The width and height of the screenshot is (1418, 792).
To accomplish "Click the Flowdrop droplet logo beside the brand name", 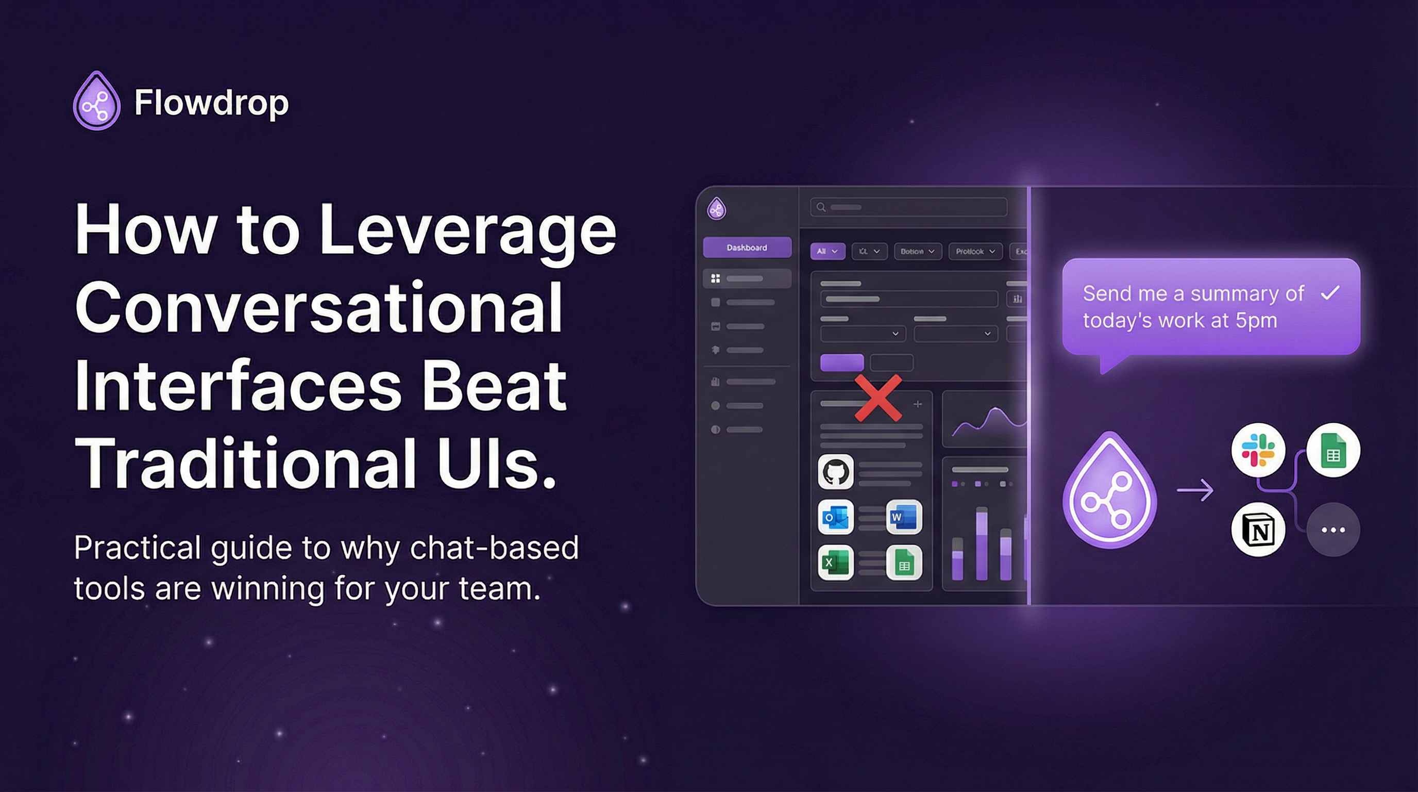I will pos(97,102).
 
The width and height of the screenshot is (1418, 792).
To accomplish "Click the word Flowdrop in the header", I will pos(211,103).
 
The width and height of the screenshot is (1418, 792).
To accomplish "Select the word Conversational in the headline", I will pos(318,307).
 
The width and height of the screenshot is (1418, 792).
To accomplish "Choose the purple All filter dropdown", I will pos(827,251).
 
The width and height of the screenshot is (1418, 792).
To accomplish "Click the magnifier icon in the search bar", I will pos(821,207).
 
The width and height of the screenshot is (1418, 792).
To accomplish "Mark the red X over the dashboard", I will pos(878,398).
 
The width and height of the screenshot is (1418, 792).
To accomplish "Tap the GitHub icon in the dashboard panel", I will pos(836,472).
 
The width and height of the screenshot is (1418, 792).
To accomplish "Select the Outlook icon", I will pos(836,517).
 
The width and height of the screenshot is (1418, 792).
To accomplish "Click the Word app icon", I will pos(904,517).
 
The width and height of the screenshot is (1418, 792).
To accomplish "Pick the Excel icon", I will pos(836,563).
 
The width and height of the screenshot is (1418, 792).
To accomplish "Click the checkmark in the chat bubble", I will pos(1330,292).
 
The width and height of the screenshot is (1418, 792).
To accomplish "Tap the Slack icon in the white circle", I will pos(1258,450).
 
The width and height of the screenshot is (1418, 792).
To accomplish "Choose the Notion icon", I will pos(1258,530).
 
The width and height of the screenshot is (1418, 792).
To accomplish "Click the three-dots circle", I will pos(1333,530).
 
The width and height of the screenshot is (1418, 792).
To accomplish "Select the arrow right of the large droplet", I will pos(1195,490).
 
